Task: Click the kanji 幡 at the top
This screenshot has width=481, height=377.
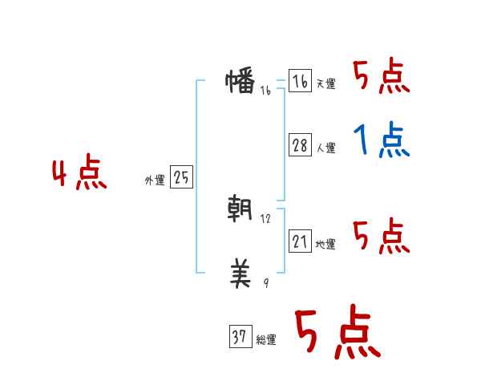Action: click(x=240, y=81)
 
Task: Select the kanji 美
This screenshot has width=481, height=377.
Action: click(x=240, y=276)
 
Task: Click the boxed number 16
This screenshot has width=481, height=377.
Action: click(x=300, y=82)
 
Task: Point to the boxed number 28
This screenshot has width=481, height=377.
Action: click(x=300, y=145)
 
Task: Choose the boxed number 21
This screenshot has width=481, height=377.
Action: click(x=300, y=241)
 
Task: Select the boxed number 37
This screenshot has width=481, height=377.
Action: click(x=240, y=338)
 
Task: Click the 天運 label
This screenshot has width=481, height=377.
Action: click(x=326, y=84)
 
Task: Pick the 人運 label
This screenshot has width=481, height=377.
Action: click(x=326, y=148)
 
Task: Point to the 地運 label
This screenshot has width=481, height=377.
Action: click(x=326, y=245)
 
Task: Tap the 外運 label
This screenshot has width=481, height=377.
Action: click(x=155, y=181)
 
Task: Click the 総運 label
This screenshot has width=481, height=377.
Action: click(x=266, y=340)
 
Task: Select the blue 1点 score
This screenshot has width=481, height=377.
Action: click(x=381, y=142)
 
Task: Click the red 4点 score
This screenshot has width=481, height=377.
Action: click(x=79, y=175)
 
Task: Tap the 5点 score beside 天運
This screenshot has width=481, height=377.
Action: click(x=381, y=78)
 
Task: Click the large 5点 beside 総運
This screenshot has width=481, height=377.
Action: click(x=336, y=333)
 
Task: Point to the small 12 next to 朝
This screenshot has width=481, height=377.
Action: click(x=266, y=219)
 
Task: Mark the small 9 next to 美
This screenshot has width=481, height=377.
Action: click(x=266, y=284)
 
